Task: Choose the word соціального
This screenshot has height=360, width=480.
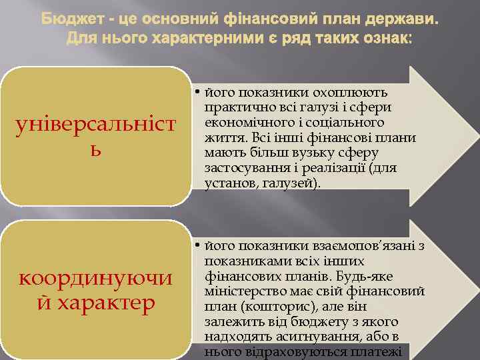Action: [351, 123]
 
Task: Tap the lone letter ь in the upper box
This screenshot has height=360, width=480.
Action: [97, 145]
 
